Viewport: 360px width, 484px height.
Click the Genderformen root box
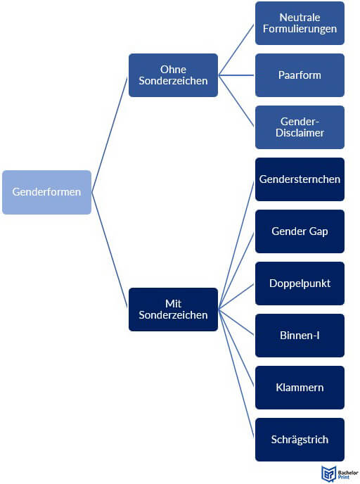pos(46,192)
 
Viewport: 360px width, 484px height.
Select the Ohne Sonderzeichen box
pos(173,75)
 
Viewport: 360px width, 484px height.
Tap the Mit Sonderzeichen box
pos(173,310)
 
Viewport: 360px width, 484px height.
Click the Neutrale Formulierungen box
pos(300,23)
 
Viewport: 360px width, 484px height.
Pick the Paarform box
pos(300,75)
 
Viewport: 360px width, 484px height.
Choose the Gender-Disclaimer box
pos(300,127)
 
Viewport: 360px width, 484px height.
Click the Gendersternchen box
pos(300,179)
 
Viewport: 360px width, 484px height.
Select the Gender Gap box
pos(300,231)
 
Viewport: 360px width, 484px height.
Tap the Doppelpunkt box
pos(300,284)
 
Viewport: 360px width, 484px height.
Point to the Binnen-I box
pos(300,336)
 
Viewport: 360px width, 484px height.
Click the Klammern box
pos(300,388)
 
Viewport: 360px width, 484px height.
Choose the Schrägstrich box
pos(300,440)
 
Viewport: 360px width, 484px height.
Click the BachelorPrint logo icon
pos(328,474)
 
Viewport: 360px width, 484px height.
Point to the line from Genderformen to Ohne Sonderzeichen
pos(110,134)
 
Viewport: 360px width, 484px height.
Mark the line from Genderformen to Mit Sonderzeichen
pos(110,250)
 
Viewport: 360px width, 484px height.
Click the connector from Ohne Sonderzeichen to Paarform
pos(236,75)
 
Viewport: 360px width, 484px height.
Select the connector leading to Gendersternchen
pos(236,245)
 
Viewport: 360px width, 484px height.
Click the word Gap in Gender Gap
pos(319,232)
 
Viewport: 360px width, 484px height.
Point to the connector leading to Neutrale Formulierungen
pos(236,50)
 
